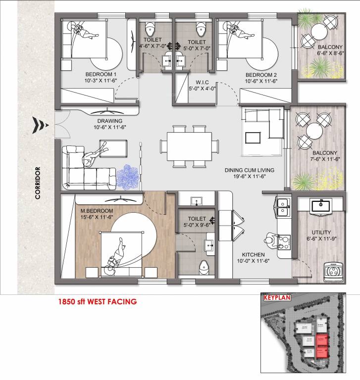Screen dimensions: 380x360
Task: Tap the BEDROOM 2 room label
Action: (x=260, y=74)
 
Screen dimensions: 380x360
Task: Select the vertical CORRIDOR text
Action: (x=38, y=182)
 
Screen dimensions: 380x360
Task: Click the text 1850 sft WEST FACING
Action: (x=97, y=300)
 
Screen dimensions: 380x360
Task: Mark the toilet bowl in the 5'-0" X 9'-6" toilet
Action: (x=203, y=268)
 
